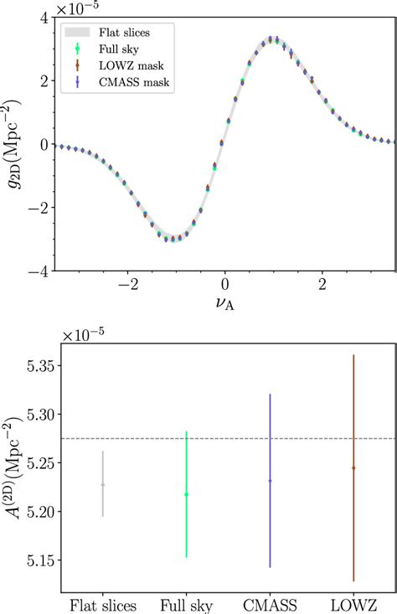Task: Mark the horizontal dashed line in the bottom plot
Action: pyautogui.click(x=226, y=438)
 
